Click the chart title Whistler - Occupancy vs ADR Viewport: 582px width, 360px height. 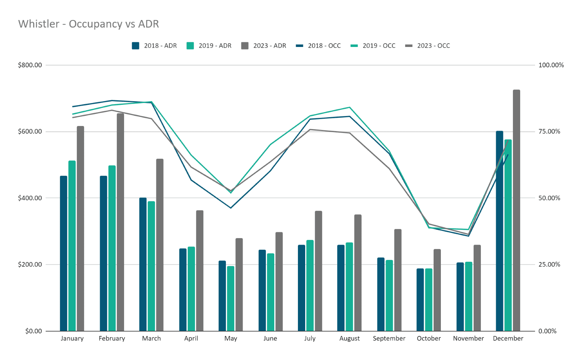(x=88, y=24)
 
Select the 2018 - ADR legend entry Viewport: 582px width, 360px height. (x=155, y=46)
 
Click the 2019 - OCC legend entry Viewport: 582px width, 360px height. (x=373, y=46)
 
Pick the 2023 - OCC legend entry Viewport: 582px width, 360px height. (x=428, y=46)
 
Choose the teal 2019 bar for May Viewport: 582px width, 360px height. (x=231, y=298)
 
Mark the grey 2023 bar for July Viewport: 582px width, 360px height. (x=319, y=271)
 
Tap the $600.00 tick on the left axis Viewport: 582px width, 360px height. (x=30, y=132)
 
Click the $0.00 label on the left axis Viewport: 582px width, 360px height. (x=33, y=331)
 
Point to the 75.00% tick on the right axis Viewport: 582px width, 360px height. (x=549, y=132)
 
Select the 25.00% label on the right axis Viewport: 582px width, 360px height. (x=549, y=265)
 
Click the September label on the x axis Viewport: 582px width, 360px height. (x=389, y=339)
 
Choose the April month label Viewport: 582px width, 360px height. (x=191, y=339)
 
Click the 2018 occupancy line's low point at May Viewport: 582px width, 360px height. (x=231, y=208)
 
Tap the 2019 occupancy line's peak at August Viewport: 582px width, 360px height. (x=350, y=107)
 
